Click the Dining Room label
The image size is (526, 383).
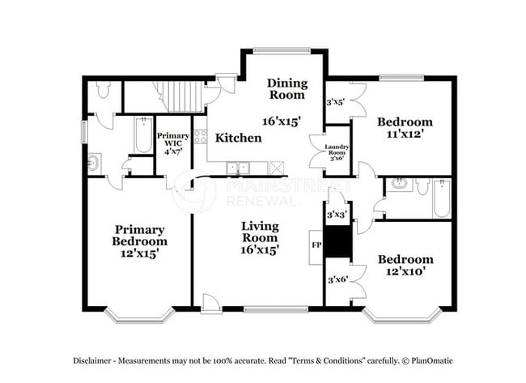[x=287, y=88]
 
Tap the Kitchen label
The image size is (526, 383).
[x=238, y=138]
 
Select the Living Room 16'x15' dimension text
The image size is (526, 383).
[x=260, y=249]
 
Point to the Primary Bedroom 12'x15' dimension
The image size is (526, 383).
[x=139, y=253]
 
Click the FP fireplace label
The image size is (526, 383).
[x=316, y=245]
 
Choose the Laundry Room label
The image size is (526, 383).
[x=337, y=150]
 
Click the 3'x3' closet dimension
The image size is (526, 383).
[x=337, y=214]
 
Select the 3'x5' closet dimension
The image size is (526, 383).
[x=336, y=102]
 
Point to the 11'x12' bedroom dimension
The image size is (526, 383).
[x=405, y=134]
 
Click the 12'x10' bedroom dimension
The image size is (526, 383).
[x=405, y=271]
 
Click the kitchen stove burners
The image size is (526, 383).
[x=200, y=137]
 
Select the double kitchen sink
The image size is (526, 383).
[x=238, y=168]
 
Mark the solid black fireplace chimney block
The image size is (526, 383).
[x=338, y=241]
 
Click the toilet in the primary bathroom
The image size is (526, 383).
[x=103, y=90]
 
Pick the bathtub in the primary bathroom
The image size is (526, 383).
[x=143, y=135]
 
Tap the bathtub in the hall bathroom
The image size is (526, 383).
[x=441, y=198]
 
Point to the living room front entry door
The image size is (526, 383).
[x=210, y=304]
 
